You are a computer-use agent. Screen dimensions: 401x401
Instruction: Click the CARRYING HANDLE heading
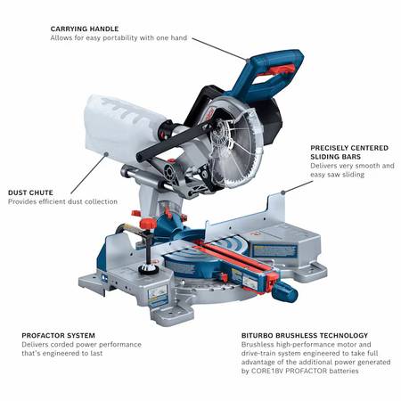coord(85,29)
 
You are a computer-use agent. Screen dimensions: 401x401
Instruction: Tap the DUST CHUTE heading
coord(30,192)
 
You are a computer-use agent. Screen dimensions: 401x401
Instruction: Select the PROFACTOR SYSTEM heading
coord(58,335)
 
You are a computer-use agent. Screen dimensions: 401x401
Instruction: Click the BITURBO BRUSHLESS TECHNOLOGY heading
coord(305,335)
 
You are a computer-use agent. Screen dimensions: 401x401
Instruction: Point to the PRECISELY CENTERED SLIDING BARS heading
coord(349,152)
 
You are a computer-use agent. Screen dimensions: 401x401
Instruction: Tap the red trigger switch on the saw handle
coord(277,70)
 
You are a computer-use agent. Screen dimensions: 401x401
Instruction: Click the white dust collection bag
coord(122,127)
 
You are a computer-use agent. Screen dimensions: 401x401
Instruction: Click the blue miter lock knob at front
coord(284,291)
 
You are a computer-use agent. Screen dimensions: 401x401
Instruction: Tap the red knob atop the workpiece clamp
coord(148,223)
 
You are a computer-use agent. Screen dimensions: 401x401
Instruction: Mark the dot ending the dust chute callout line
coord(106,154)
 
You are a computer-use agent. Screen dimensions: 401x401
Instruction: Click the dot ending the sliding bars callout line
coord(282,192)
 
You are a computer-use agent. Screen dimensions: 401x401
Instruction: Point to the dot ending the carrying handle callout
coord(248,60)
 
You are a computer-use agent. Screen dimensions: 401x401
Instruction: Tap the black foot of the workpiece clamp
coord(148,269)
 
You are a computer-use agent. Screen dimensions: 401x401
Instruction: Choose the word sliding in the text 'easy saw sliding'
coord(354,175)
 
